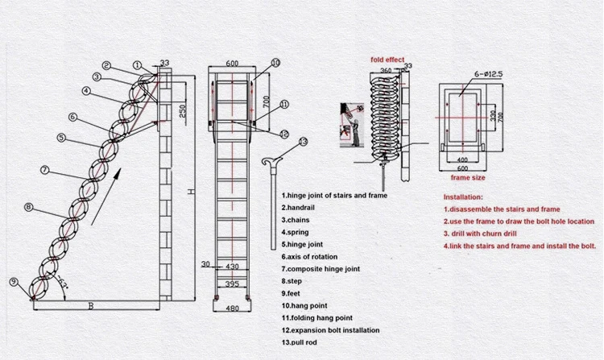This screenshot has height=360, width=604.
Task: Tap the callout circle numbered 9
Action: click(13, 281)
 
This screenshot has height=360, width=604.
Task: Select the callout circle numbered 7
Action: click(45, 170)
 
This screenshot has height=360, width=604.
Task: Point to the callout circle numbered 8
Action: click(29, 207)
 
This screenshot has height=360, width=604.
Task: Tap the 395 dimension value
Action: click(231, 284)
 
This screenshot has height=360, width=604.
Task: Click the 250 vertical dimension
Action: click(184, 110)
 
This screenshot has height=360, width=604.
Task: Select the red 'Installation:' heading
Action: click(463, 197)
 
